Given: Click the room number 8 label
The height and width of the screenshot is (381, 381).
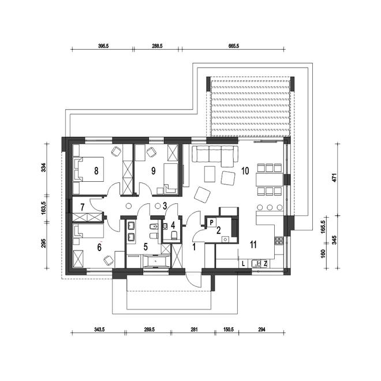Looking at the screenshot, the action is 96,171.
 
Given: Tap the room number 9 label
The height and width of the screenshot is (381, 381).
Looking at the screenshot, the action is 154,171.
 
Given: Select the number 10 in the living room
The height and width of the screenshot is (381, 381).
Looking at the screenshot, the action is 245,171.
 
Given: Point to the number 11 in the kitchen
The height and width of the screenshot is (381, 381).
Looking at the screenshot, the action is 253,245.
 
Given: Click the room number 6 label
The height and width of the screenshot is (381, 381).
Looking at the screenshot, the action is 99,247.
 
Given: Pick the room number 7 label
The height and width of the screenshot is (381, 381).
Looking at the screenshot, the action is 83,207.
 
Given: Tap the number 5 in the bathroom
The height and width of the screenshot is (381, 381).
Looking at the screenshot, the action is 145,247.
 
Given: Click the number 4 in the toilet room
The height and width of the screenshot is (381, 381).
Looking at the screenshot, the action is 173,225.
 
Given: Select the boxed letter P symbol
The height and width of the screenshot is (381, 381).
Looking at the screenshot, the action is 212,222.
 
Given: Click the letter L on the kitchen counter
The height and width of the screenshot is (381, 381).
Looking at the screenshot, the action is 243,264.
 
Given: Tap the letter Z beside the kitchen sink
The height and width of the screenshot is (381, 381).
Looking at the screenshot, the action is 266,264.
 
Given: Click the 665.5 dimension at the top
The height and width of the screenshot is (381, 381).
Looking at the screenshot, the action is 234,46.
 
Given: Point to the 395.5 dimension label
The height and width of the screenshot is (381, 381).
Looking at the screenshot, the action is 103,46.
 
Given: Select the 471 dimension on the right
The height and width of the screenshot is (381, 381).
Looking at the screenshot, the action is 335,178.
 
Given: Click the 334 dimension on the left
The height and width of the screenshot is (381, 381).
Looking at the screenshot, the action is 43,167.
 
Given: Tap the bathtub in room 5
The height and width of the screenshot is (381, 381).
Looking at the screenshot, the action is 156,261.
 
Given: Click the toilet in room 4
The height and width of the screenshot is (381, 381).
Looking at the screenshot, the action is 174,235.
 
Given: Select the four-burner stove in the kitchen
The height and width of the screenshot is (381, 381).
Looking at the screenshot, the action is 279,240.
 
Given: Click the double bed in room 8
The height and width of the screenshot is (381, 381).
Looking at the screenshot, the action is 88,169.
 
